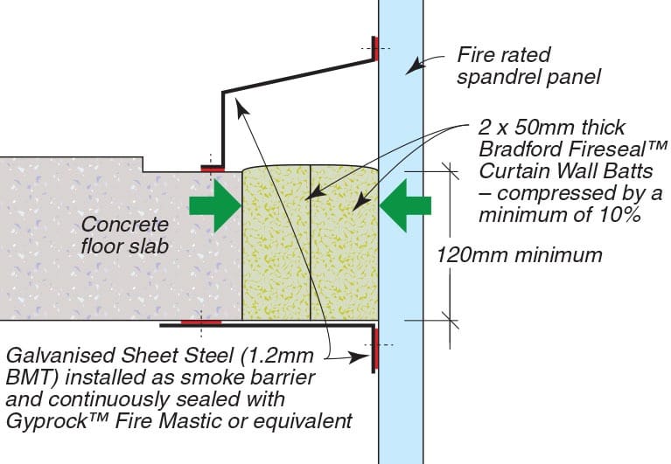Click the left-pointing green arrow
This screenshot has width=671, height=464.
(405, 205)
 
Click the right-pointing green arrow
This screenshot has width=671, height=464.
(215, 205)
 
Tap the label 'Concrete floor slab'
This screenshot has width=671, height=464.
(124, 235)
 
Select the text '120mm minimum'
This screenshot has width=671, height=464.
(519, 255)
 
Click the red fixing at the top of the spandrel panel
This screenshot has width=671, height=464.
(374, 49)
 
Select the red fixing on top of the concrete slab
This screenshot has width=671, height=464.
(213, 169)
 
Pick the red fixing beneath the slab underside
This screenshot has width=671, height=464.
(201, 322)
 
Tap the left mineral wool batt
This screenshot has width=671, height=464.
(276, 243)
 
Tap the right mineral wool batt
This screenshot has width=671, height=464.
(345, 243)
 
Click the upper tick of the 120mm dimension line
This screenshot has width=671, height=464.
(450, 172)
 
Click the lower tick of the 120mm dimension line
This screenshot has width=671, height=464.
(450, 320)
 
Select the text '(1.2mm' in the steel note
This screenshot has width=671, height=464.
(278, 356)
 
